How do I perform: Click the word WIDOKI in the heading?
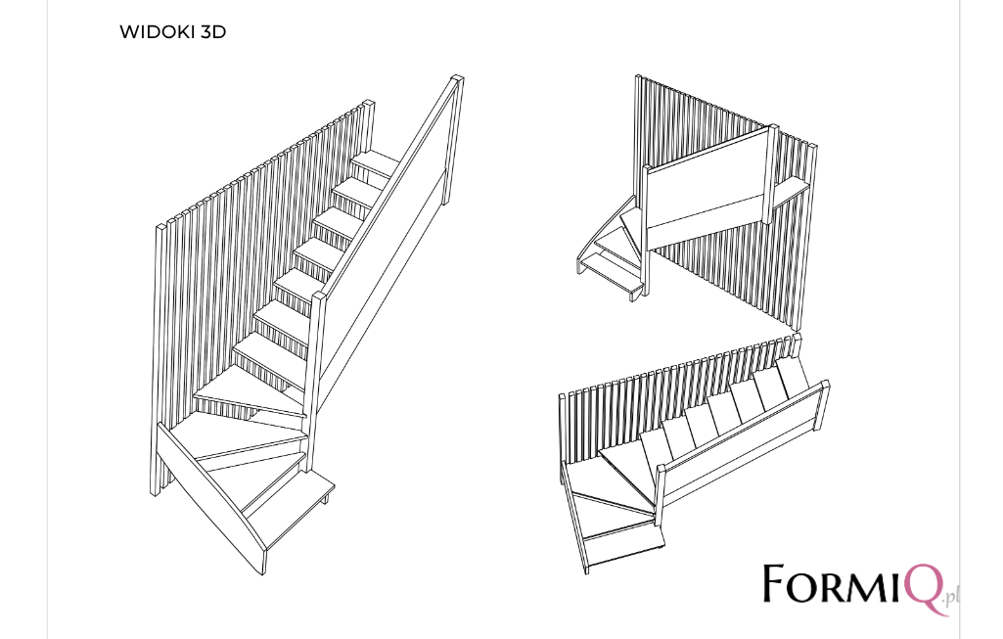click(x=158, y=32)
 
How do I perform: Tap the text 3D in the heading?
click(x=213, y=32)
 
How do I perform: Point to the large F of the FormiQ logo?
click(x=776, y=582)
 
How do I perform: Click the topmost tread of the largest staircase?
click(x=376, y=164)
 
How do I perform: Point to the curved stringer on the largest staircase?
click(x=211, y=498)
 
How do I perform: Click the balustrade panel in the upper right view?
click(x=707, y=186)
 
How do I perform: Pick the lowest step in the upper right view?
click(x=611, y=274)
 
